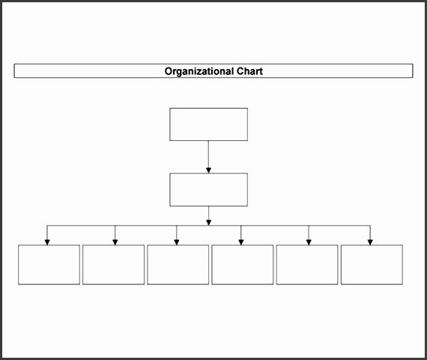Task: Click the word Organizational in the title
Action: click(x=199, y=71)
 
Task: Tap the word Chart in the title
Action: click(x=249, y=71)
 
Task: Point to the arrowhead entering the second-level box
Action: click(x=208, y=170)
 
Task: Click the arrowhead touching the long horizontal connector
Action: click(x=208, y=223)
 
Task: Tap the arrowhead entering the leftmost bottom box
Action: click(x=47, y=242)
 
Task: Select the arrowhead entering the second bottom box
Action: click(x=115, y=242)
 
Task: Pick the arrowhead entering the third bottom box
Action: click(x=177, y=242)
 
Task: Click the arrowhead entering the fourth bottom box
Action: click(x=241, y=242)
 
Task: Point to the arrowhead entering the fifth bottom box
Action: click(x=309, y=242)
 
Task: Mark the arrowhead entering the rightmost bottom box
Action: click(x=370, y=242)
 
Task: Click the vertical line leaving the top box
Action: click(x=208, y=154)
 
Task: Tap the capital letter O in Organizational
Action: click(x=168, y=71)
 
